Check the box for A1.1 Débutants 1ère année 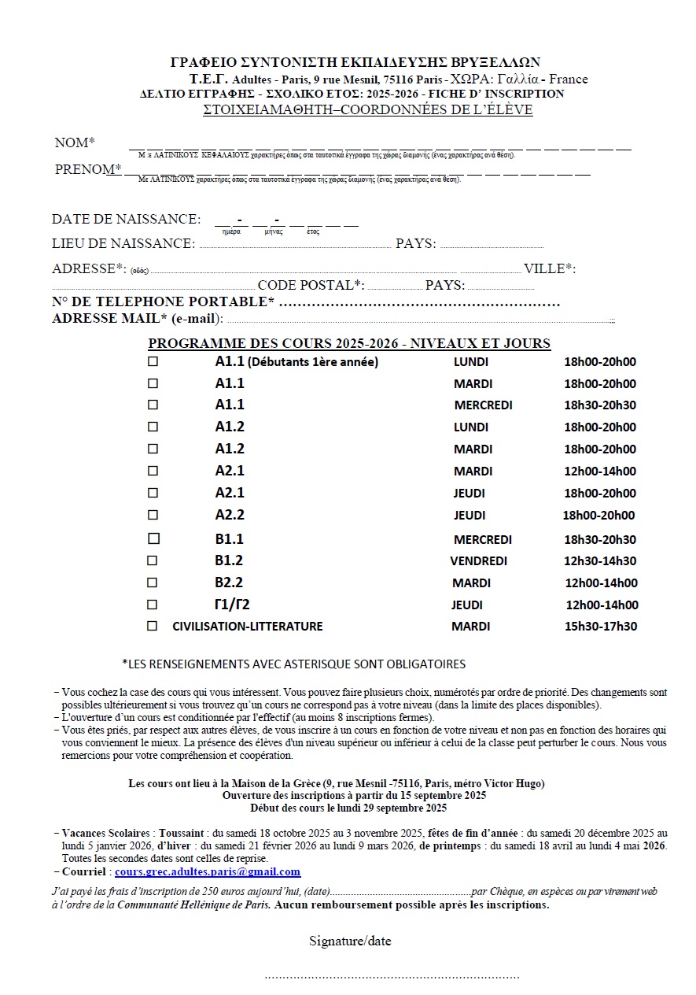tap(153, 362)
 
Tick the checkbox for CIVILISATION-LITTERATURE tap(153, 626)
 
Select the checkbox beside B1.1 tap(153, 538)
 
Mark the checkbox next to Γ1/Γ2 tap(153, 605)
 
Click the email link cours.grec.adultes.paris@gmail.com tap(208, 871)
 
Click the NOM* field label tap(75, 142)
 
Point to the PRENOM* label tap(88, 169)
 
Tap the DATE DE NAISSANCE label tap(126, 219)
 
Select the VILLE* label tap(549, 268)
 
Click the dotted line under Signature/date tap(392, 976)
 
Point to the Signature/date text tap(350, 941)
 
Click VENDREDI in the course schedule tap(478, 561)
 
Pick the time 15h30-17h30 tap(600, 627)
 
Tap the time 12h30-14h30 tap(600, 561)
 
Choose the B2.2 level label tap(229, 583)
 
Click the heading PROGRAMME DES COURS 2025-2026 tap(349, 343)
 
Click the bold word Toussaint tap(182, 833)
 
